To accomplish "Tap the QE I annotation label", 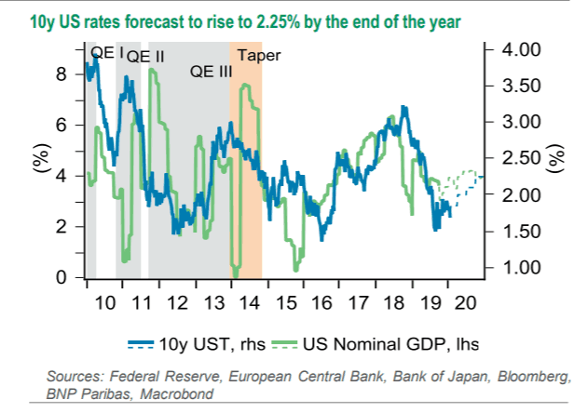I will (x=107, y=54).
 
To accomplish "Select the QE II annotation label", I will (x=145, y=57).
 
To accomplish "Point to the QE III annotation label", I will (x=210, y=71).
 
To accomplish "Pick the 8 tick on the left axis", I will (x=61, y=74).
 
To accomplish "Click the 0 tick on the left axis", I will (x=61, y=277).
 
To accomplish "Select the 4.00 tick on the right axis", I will (x=515, y=48).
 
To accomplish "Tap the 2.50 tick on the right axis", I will (x=515, y=158).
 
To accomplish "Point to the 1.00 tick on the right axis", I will (x=515, y=268).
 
